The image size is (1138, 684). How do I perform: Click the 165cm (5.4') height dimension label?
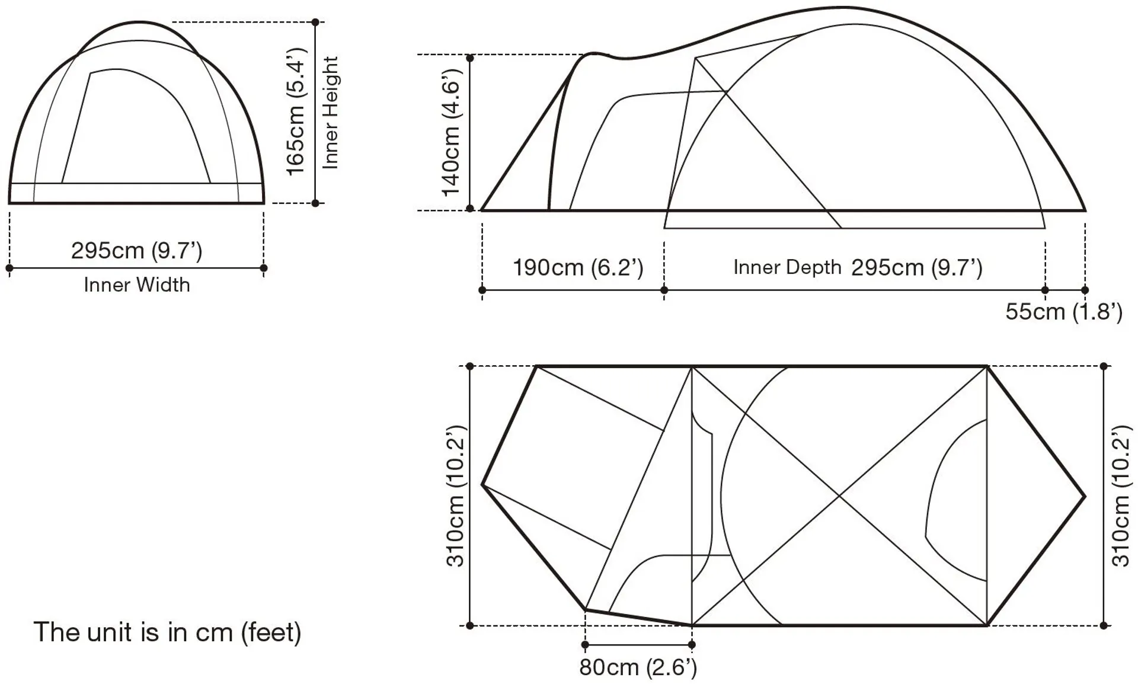296,112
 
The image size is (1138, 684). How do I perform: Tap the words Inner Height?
330,113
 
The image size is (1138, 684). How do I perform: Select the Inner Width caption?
137,285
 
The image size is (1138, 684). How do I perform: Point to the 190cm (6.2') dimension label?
578,268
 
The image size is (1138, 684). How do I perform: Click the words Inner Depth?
787,268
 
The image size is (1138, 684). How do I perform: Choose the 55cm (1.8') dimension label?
1064,312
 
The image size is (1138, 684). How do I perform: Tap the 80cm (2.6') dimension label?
638,667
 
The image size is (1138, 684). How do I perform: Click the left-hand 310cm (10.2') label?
456,496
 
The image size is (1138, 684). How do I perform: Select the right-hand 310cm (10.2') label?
1121,496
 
